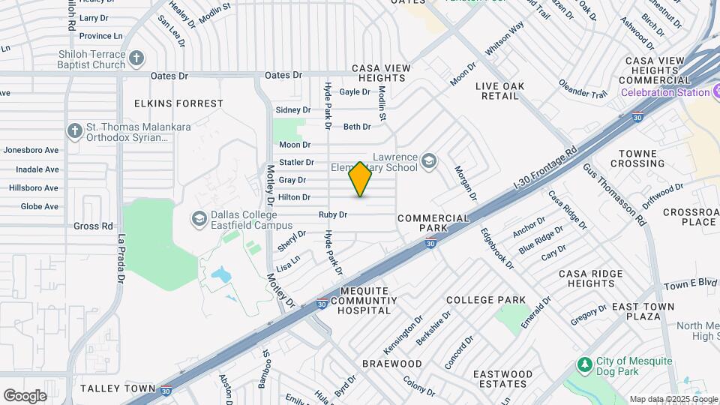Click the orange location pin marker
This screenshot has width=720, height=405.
click(360, 179)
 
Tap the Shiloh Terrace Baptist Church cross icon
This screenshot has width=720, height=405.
click(136, 58)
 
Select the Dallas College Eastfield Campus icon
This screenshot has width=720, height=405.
click(199, 218)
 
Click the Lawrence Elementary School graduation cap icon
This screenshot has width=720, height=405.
click(428, 160)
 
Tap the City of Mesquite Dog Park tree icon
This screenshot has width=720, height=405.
click(585, 364)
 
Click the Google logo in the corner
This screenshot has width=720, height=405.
click(25, 395)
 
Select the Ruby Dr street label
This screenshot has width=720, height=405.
click(333, 214)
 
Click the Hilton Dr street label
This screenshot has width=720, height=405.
click(295, 197)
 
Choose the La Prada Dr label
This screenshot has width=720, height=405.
click(120, 259)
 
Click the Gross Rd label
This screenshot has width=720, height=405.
click(93, 226)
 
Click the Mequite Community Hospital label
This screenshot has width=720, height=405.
click(364, 300)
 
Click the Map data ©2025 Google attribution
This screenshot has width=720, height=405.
click(673, 399)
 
